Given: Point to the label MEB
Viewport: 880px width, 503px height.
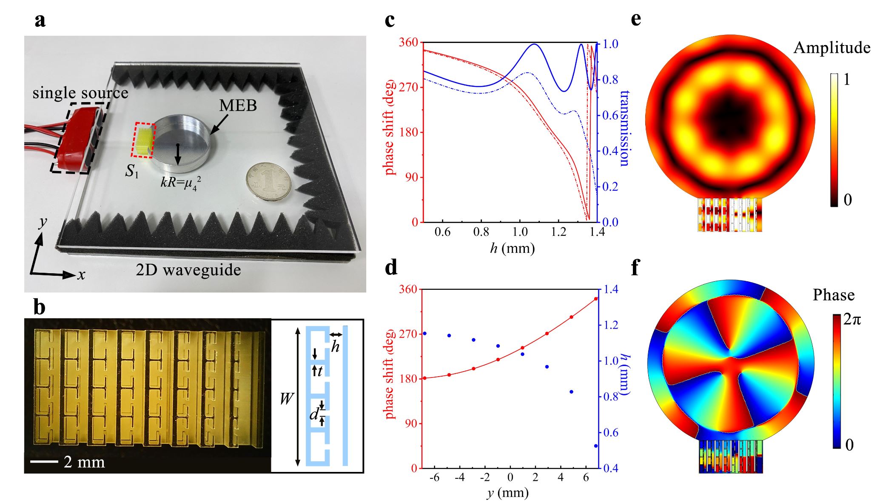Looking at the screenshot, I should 238,105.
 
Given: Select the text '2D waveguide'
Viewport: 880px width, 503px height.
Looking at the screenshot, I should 188,270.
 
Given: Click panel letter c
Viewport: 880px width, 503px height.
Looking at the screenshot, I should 389,20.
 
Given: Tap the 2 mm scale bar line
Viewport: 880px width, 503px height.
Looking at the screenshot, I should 45,461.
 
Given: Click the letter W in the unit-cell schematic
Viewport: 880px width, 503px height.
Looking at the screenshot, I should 286,399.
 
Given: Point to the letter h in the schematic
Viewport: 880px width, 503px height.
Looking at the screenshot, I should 335,347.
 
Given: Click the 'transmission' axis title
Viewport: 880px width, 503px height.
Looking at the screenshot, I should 624,128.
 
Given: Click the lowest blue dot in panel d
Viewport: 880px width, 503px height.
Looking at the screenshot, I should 596,446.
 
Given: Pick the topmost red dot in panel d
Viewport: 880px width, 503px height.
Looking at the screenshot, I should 596,299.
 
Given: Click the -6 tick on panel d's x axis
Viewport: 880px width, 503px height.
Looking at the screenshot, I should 434,477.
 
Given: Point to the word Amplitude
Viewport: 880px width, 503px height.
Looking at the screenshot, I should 832,48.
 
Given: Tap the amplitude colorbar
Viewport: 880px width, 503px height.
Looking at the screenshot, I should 834,140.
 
